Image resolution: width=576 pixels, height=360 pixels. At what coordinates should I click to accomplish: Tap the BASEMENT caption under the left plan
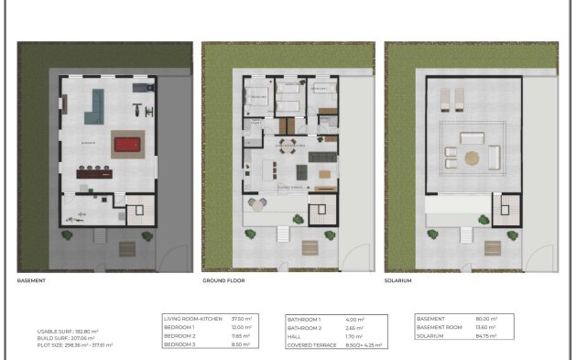(x=31, y=281)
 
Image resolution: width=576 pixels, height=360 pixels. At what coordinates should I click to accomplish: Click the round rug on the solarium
(x=472, y=157)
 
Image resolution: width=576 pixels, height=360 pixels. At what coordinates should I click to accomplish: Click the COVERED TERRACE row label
(x=312, y=345)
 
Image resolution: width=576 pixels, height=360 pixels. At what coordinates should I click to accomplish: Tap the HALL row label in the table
(x=296, y=336)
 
